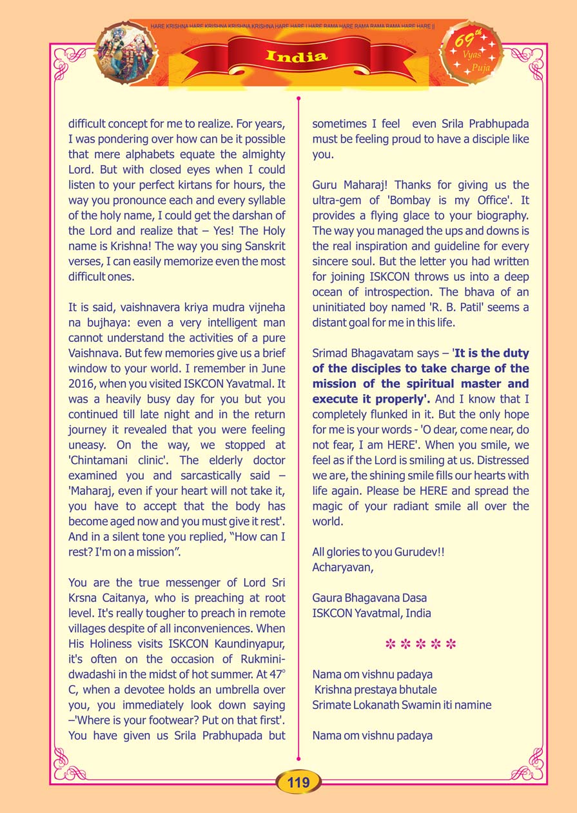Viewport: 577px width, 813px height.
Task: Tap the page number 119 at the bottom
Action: tap(298, 782)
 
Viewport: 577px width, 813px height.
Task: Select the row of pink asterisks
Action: tap(420, 644)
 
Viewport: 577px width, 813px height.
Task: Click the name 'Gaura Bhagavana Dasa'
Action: tap(369, 598)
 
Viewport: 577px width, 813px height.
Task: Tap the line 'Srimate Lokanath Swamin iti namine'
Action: tap(402, 705)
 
